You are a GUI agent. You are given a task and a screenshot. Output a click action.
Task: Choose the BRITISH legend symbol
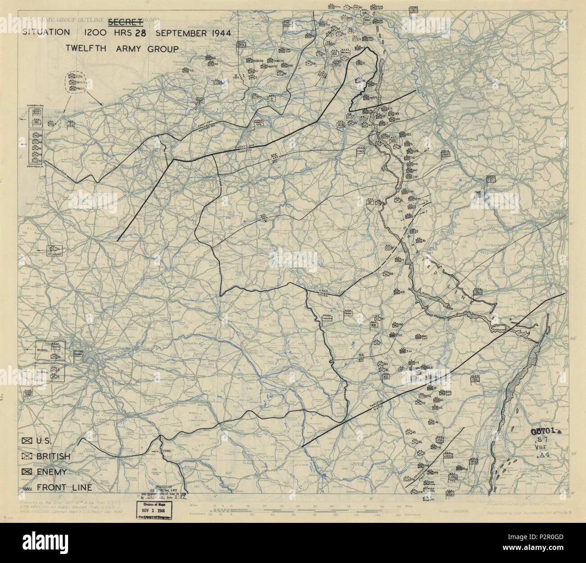pos(28,456)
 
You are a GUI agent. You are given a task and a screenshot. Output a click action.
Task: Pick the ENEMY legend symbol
pos(28,471)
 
